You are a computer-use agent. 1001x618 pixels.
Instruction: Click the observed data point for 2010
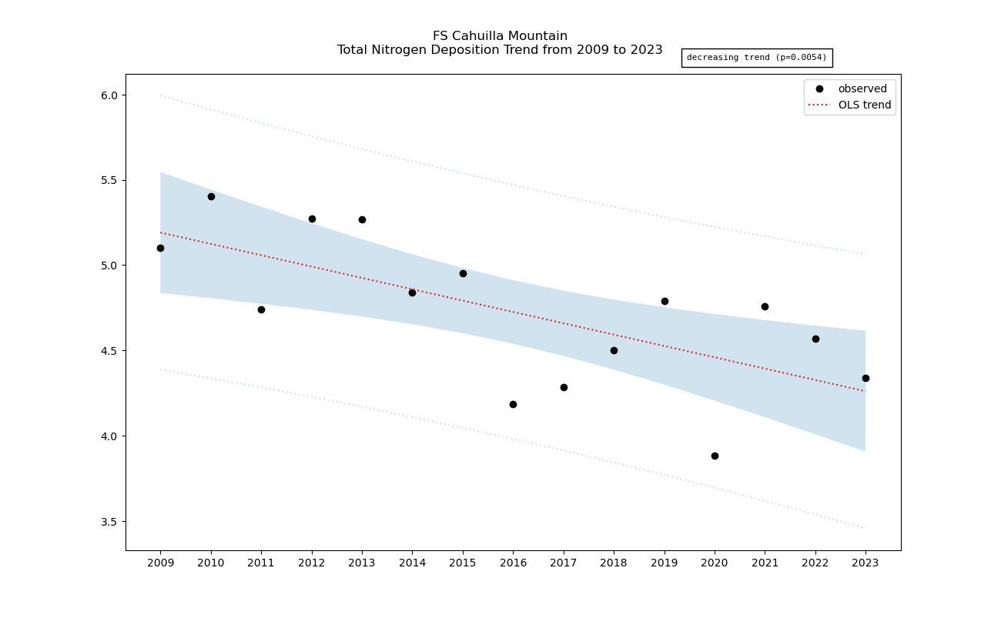pos(211,196)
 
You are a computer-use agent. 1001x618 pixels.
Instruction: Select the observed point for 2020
pos(715,456)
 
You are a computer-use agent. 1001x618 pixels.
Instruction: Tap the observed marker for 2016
pos(513,404)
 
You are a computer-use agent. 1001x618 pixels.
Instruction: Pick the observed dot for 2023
pos(865,378)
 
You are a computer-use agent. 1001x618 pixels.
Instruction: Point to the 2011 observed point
pos(261,309)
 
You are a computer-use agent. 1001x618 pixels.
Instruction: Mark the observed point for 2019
pos(665,301)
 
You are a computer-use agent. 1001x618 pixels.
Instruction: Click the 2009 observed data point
pos(160,248)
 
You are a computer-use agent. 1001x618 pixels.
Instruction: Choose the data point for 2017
pos(564,387)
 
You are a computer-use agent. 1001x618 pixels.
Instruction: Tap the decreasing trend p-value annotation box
pos(756,58)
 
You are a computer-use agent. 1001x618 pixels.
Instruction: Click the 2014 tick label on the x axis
pos(412,563)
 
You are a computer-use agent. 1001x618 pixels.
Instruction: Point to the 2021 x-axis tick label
pos(765,563)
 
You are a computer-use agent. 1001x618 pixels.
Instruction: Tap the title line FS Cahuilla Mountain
pos(500,36)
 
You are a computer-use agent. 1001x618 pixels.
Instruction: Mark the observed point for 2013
pos(362,219)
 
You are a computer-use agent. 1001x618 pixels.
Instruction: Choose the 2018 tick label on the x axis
pos(614,563)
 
